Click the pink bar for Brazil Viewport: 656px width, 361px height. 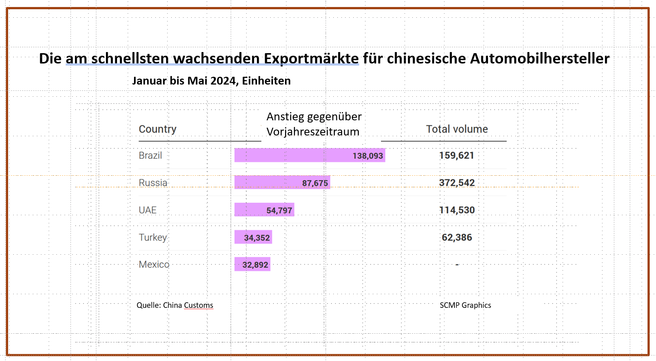309,155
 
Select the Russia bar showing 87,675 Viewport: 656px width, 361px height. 282,182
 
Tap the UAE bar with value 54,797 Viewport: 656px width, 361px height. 264,210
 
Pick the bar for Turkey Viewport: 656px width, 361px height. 253,237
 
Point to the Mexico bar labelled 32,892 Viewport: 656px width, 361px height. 252,264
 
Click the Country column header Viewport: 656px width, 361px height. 158,129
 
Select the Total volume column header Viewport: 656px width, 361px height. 457,129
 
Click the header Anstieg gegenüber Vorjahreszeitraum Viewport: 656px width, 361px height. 314,124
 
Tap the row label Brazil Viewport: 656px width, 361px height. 150,155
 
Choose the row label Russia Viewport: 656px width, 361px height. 153,183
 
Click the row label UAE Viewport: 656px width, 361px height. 148,210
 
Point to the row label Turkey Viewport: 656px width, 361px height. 153,237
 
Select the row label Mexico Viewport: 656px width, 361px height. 154,265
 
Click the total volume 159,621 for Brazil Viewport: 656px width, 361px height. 457,155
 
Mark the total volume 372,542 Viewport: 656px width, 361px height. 457,183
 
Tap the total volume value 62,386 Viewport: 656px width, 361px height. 457,237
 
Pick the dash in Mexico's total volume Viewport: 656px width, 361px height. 457,265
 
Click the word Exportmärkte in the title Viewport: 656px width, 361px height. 311,58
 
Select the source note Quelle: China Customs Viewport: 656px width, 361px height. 175,305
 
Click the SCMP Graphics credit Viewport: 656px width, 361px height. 465,305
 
